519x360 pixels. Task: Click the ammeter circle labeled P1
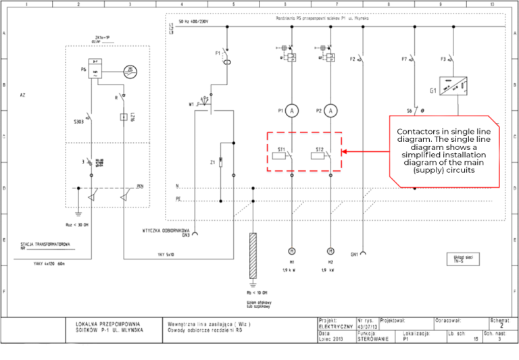[291, 111]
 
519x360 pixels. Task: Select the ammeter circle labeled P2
[330, 111]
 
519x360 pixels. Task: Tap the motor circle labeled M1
[291, 249]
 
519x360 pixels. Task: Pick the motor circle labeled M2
[330, 249]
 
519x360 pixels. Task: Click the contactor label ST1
[280, 149]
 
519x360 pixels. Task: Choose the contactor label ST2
[319, 149]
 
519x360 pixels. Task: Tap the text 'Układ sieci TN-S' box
[463, 259]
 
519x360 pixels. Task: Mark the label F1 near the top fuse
[218, 52]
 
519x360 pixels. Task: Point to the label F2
[352, 59]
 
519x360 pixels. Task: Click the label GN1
[353, 254]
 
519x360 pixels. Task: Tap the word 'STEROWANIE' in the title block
[372, 339]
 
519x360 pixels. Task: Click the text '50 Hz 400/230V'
[194, 22]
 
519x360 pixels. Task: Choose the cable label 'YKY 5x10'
[165, 255]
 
